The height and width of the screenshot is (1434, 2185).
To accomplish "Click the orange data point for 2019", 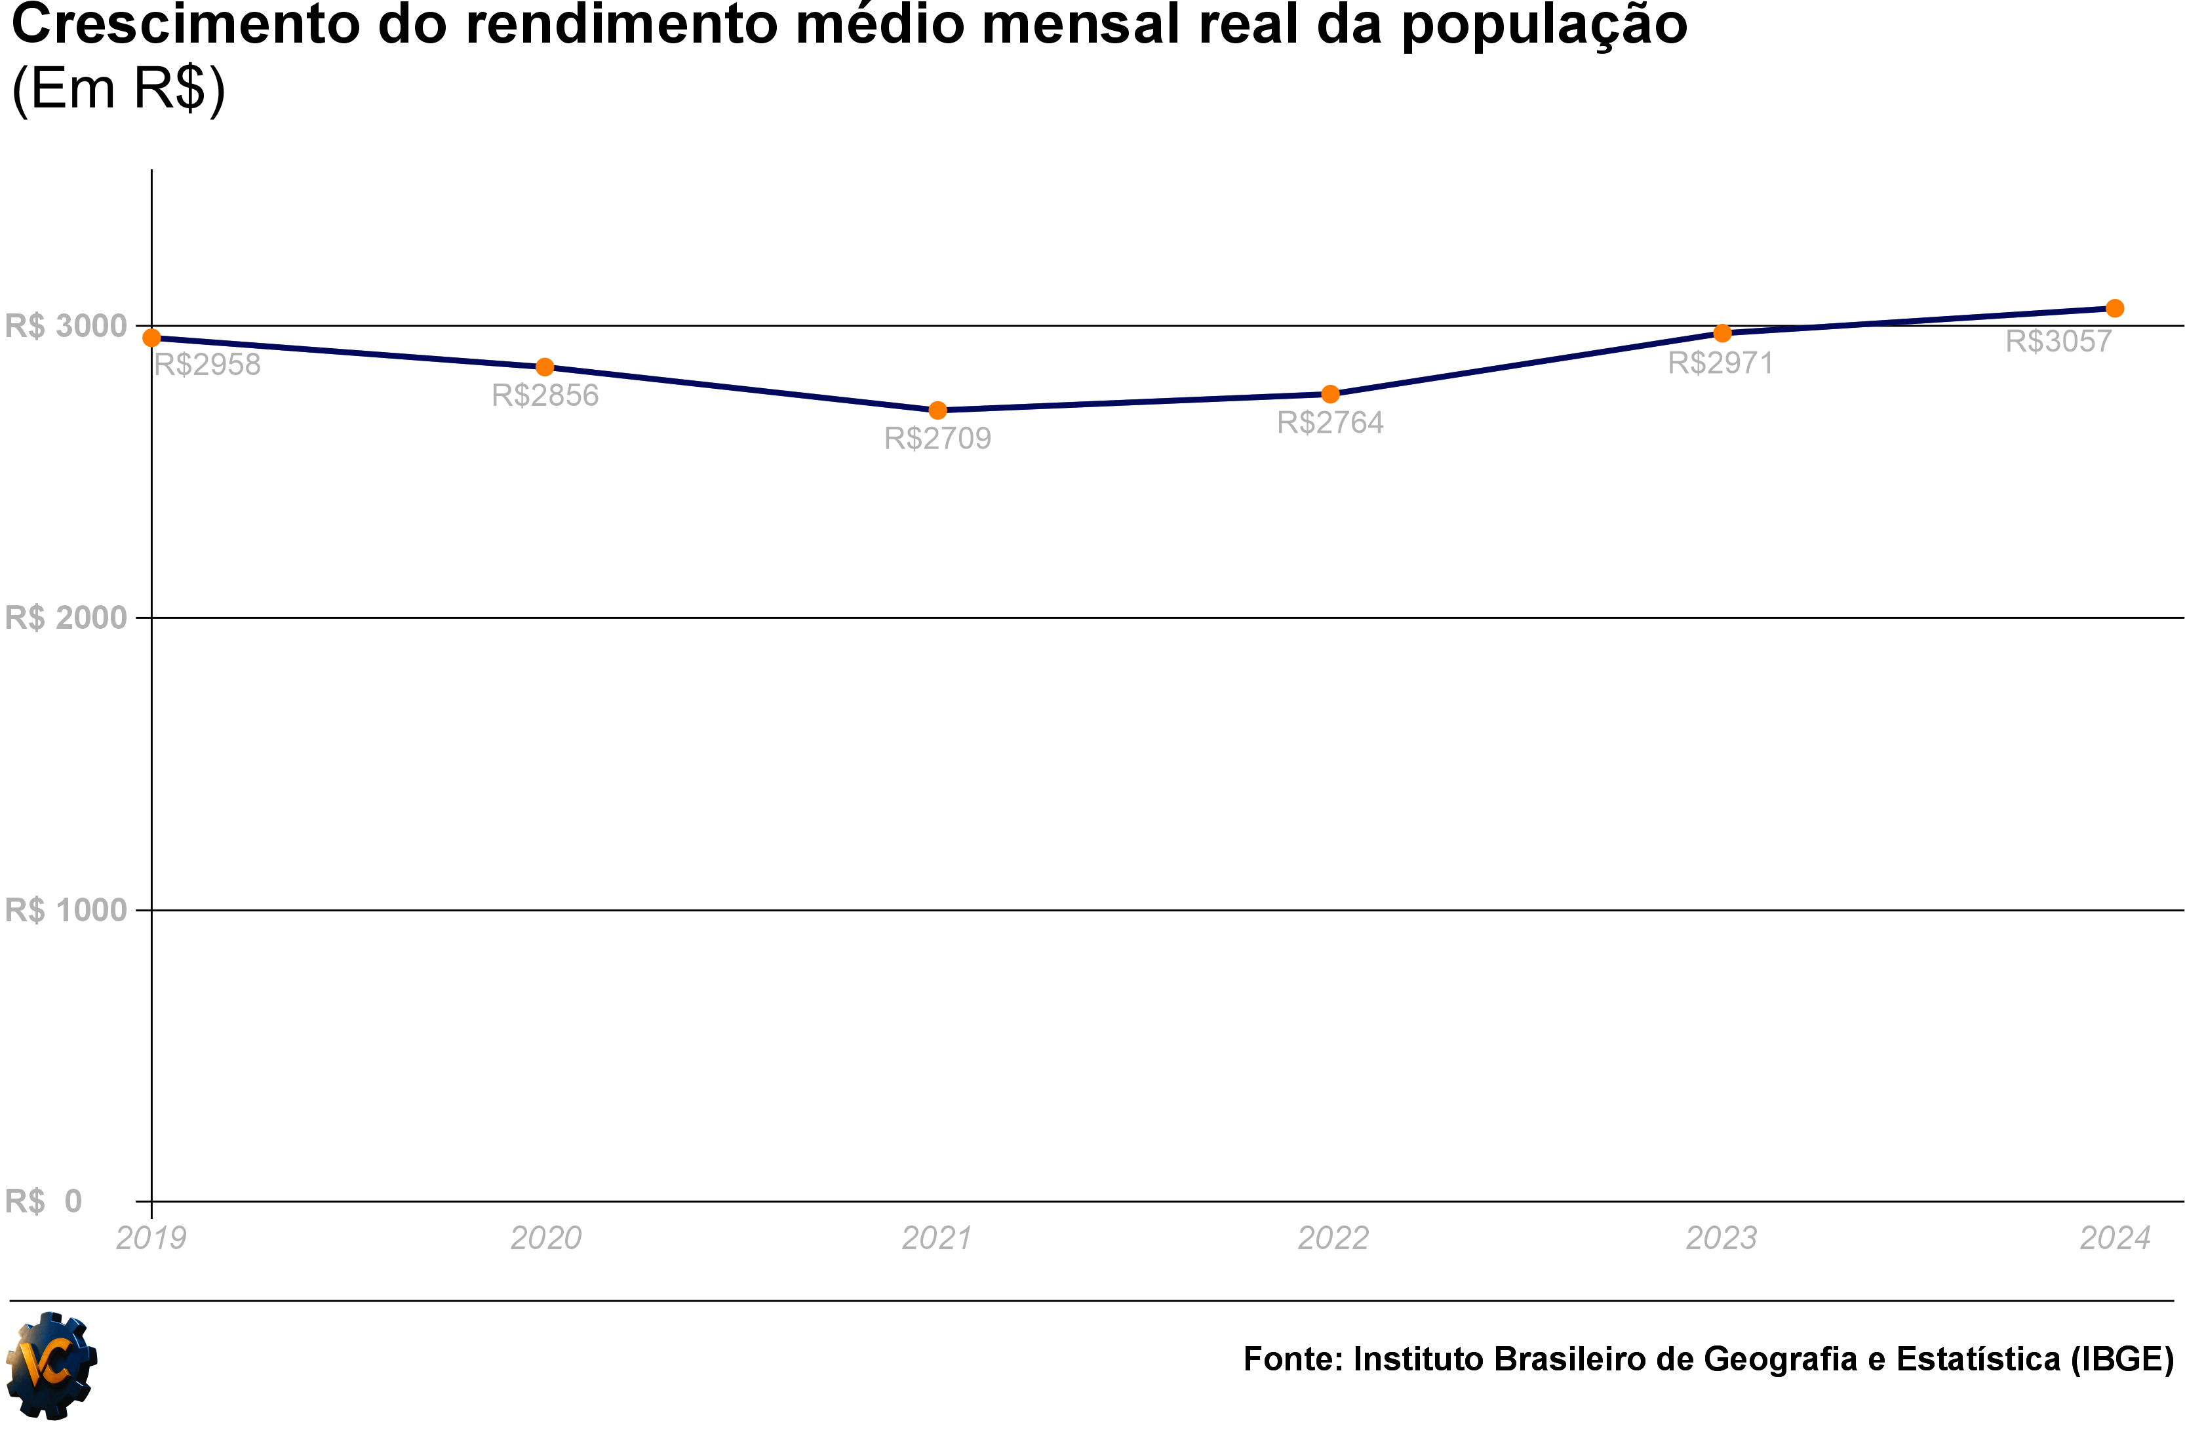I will coord(151,338).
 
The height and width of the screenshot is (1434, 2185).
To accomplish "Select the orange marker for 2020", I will coord(544,367).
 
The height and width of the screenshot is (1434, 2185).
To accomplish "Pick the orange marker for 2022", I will coord(1330,395).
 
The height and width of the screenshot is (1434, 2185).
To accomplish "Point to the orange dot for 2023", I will coord(1722,333).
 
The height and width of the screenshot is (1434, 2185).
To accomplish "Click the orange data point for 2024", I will coord(2114,308).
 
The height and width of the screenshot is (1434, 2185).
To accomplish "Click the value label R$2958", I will coord(207,365).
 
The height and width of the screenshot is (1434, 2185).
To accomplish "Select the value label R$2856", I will coord(545,395).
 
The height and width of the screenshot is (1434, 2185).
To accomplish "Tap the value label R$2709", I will coord(937,439).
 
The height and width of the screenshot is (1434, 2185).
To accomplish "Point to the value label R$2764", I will coord(1330,423).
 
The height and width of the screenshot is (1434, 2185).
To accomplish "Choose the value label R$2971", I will coord(1720,363).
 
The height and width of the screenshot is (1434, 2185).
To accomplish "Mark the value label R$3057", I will coord(2058,342).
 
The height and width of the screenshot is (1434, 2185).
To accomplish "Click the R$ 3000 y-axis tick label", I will coord(66,326).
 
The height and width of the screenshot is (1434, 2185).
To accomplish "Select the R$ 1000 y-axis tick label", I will coord(66,911).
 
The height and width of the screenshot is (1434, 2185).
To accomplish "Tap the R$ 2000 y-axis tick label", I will coord(66,618).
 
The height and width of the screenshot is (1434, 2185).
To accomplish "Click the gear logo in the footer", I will coord(51,1366).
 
